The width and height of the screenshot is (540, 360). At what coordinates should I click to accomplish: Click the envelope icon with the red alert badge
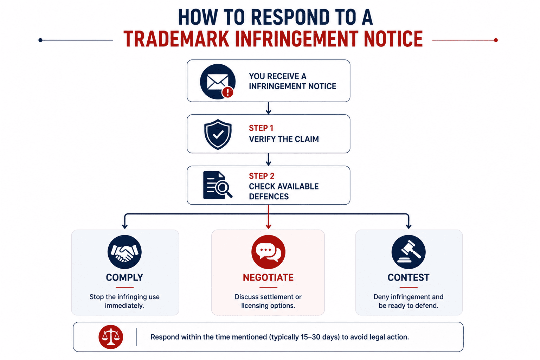click(218, 82)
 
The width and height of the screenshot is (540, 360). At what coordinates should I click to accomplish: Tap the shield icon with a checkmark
click(218, 134)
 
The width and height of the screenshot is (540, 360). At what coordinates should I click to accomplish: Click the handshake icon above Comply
click(124, 252)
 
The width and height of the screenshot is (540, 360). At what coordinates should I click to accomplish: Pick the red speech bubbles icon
click(268, 252)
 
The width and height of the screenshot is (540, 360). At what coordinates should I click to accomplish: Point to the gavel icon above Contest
click(409, 252)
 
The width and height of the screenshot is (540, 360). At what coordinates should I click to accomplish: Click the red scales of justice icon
click(111, 337)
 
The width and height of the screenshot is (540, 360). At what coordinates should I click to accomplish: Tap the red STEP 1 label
click(261, 128)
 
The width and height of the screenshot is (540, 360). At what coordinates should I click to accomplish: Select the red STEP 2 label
click(262, 176)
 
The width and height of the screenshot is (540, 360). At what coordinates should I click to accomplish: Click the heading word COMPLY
click(124, 277)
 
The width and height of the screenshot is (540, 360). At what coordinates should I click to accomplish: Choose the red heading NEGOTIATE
click(268, 277)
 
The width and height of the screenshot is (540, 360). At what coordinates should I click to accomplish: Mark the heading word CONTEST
click(409, 277)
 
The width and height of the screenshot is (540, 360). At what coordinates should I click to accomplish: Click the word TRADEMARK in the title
click(176, 39)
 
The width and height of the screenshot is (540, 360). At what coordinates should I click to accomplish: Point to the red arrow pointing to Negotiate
click(268, 217)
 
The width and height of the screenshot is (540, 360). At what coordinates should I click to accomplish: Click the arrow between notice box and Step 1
click(268, 108)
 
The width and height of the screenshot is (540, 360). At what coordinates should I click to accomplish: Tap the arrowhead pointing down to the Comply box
click(125, 226)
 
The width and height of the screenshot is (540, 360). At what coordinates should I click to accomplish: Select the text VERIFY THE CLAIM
click(284, 139)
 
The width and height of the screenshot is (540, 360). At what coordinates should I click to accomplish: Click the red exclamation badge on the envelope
click(227, 92)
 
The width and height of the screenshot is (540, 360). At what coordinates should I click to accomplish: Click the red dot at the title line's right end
click(496, 40)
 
